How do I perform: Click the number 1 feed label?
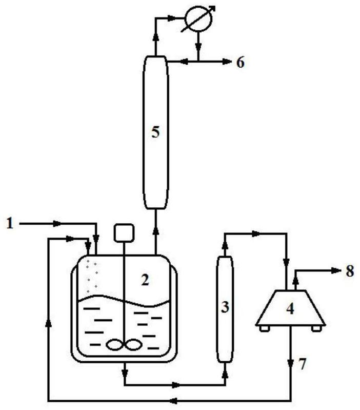10,224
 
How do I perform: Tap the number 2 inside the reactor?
145,280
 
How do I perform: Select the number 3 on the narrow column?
225,307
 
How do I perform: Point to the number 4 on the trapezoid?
290,308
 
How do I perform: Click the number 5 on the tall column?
155,132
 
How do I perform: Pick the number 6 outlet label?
241,63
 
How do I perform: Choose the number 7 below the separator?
302,364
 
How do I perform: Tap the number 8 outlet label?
350,271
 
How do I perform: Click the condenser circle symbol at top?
198,19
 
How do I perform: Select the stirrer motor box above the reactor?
124,232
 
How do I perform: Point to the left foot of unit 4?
265,328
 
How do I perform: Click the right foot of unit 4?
316,328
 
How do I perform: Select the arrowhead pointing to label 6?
227,62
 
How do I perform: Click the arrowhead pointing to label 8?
337,270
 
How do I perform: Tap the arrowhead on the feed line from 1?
57,224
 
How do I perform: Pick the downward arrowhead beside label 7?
290,363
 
